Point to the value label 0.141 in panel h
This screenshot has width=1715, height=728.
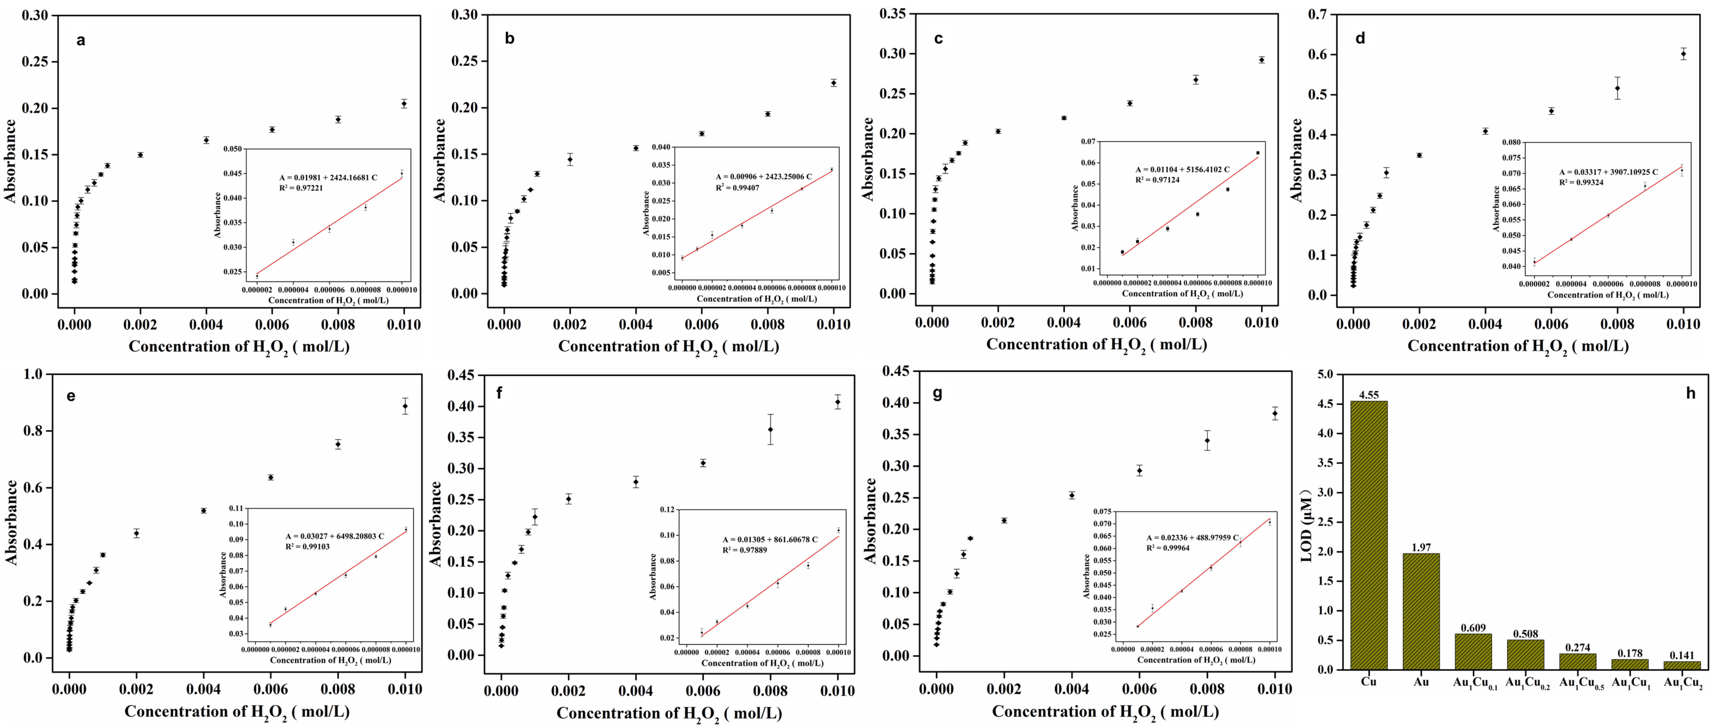click(1682, 655)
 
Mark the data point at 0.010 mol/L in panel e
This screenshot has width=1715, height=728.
click(405, 406)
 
